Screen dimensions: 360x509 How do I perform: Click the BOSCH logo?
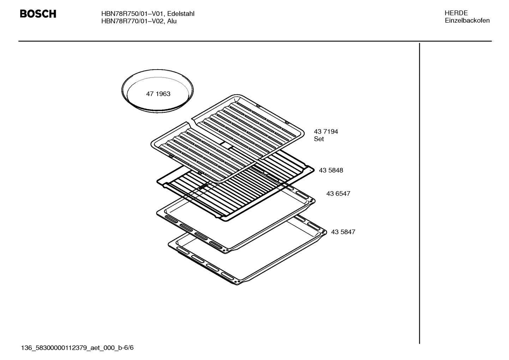(x=38, y=14)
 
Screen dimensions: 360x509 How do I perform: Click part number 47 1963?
(x=158, y=94)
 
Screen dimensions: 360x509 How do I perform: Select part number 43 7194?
(x=326, y=131)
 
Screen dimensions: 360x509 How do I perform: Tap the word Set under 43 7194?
(x=319, y=139)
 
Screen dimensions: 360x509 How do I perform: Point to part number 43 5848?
(x=331, y=170)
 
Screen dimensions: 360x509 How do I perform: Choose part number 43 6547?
(x=338, y=194)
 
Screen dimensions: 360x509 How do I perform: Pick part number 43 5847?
(x=343, y=232)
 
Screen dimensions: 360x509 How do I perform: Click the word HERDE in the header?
(x=456, y=13)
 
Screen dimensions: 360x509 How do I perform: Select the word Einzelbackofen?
(x=467, y=20)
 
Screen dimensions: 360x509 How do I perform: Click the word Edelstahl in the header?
(x=181, y=14)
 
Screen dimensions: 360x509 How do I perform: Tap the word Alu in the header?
(x=172, y=21)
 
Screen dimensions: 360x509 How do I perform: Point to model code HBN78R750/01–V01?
(x=132, y=14)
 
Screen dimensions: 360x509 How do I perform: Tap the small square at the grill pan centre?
(x=225, y=144)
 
